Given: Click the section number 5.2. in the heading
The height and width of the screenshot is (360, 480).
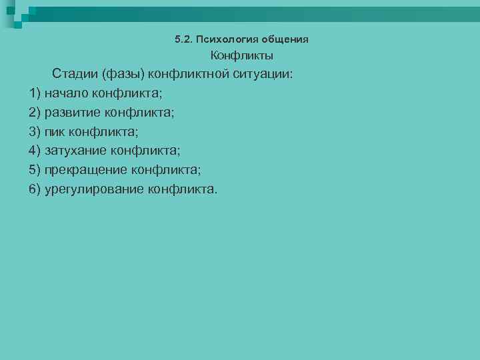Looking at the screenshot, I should point(183,39).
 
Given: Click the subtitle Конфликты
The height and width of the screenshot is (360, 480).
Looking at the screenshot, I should point(242,56).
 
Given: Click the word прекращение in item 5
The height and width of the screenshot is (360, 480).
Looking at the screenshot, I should point(85,170).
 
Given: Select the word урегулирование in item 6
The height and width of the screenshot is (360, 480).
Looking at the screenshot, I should point(94,189).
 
